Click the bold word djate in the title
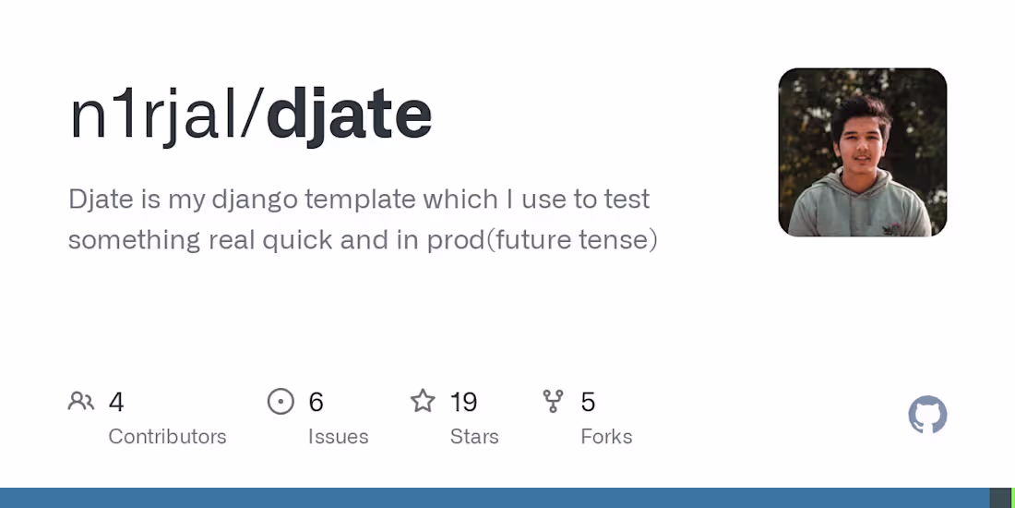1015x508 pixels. click(349, 115)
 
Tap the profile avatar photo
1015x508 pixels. click(862, 152)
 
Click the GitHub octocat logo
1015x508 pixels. click(927, 416)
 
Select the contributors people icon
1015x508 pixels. click(81, 401)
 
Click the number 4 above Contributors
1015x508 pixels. click(116, 402)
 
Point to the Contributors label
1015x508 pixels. click(167, 436)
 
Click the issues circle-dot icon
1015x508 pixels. click(281, 401)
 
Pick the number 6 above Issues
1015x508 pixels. click(316, 402)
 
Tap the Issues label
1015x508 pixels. click(338, 436)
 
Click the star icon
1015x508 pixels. click(423, 401)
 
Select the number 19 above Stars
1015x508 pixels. click(463, 402)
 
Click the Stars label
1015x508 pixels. click(474, 436)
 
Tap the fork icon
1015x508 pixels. click(553, 401)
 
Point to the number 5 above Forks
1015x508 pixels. click(588, 402)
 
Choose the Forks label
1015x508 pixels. click(606, 436)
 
